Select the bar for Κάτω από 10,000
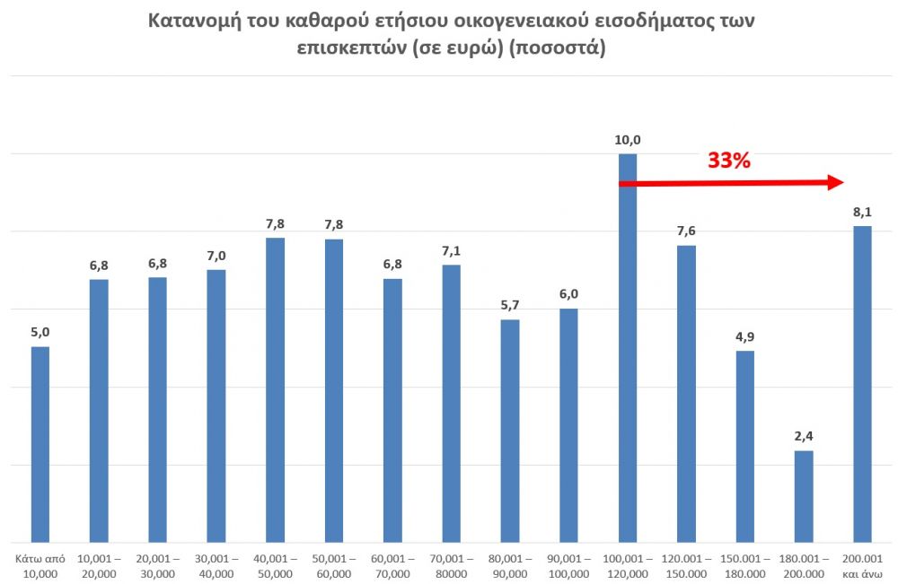(x=40, y=444)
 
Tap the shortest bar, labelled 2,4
(x=804, y=496)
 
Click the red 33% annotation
(x=728, y=161)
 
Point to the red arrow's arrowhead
(x=835, y=183)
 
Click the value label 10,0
(x=628, y=140)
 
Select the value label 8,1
(x=862, y=213)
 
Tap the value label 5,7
(x=510, y=306)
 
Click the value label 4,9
(x=744, y=337)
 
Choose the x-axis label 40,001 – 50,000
(x=275, y=566)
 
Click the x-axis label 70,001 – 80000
(x=451, y=566)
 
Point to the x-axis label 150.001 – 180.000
(x=744, y=566)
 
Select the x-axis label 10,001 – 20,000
(x=99, y=566)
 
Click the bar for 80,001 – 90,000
(x=510, y=431)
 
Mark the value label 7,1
(x=451, y=251)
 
